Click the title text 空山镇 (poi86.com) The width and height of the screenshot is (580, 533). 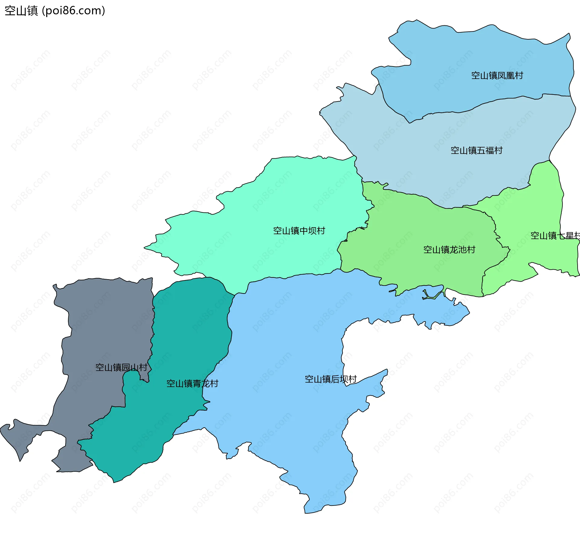55,11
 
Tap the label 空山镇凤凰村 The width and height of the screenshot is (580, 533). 497,76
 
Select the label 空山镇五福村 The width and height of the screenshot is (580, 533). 476,150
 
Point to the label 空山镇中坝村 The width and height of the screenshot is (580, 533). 299,231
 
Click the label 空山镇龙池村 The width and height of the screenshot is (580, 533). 449,250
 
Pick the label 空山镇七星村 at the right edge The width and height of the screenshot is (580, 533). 555,236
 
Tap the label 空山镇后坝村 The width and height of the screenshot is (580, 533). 330,379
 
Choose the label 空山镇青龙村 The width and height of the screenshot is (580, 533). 192,384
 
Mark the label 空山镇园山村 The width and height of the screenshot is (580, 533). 121,367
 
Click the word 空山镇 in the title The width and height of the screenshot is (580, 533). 21,11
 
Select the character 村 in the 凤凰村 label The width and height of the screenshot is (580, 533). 519,76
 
